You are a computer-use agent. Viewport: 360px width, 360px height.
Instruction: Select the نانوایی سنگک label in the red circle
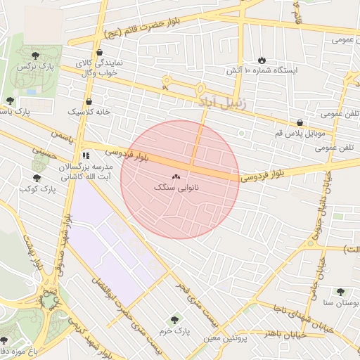coord(176,189)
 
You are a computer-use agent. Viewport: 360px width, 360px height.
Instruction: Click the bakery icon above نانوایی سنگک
coord(176,178)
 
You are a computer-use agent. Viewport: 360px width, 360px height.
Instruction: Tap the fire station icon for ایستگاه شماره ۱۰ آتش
coord(262,60)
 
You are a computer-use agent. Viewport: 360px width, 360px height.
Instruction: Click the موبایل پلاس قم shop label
coord(300,132)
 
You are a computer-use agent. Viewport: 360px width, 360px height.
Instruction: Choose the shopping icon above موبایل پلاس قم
coord(300,122)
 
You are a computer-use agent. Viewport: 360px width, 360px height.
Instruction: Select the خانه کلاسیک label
coord(84,112)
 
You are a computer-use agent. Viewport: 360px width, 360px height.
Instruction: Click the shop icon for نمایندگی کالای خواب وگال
coord(98,53)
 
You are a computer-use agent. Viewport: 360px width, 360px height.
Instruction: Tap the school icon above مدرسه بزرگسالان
coord(85,155)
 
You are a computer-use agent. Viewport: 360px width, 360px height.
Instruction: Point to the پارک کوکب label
coord(37,189)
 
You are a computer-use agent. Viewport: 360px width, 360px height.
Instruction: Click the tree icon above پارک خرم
coord(175,320)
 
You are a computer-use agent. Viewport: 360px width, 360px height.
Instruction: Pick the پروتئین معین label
coord(227,338)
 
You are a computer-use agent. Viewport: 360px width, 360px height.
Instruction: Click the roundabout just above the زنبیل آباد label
coord(200,89)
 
